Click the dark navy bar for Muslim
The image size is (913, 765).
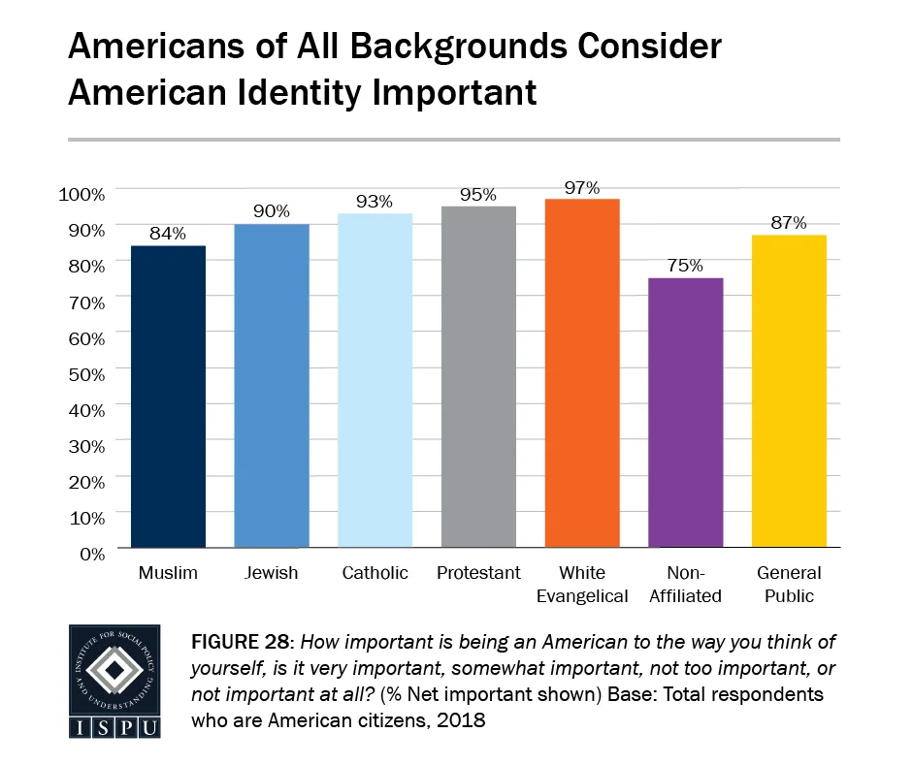[168, 397]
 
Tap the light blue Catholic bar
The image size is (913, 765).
[375, 380]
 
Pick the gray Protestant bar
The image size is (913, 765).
[478, 377]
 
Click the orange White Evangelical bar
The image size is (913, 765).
[582, 373]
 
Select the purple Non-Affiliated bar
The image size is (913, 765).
[686, 413]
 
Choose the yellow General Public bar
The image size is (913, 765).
[790, 392]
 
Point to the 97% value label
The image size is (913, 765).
[582, 187]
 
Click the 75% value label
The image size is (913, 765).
[686, 266]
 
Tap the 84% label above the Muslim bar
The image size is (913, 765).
[168, 234]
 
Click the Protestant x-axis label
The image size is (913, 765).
[478, 573]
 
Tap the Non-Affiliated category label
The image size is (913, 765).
[686, 584]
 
